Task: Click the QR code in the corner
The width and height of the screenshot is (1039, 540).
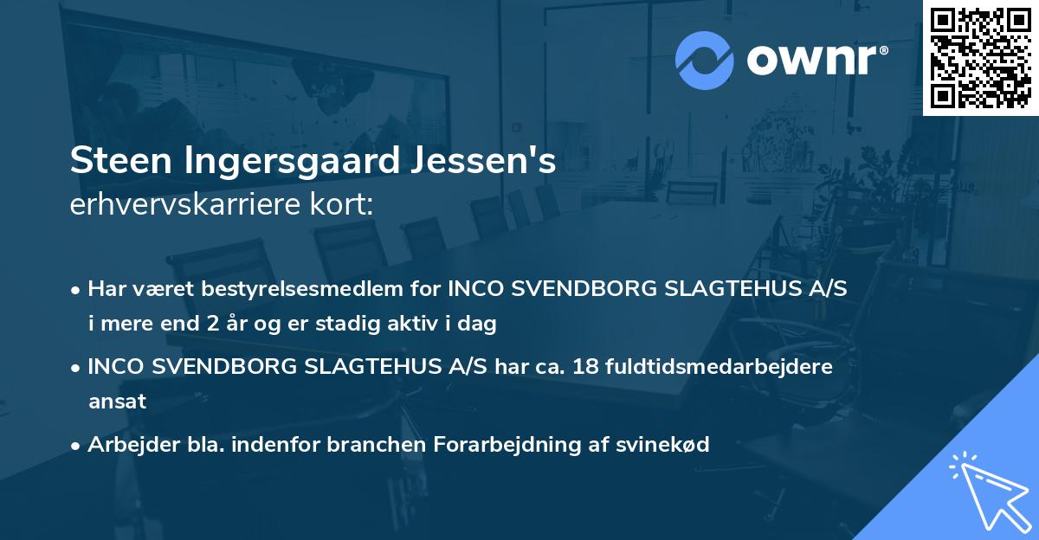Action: [x=979, y=58]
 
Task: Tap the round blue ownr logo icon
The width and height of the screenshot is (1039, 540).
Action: [x=705, y=60]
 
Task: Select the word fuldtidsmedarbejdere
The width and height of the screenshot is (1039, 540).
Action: [x=724, y=366]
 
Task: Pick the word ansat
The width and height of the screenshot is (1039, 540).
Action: [x=116, y=402]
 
